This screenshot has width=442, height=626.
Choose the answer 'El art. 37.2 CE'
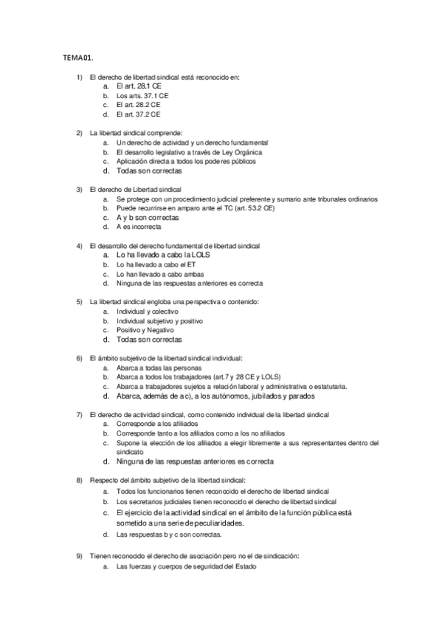(x=138, y=114)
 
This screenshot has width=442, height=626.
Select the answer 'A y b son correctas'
(x=148, y=218)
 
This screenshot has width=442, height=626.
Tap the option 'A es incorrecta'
(x=140, y=227)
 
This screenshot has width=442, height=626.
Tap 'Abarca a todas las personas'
(x=159, y=368)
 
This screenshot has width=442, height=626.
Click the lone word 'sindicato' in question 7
(x=131, y=452)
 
